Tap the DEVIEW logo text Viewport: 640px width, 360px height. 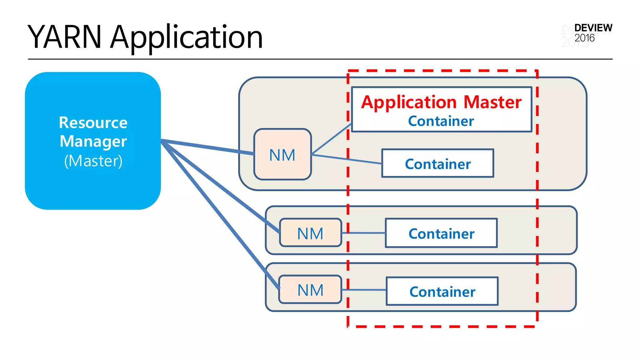coord(593,28)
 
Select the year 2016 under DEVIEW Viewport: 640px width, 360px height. coord(584,38)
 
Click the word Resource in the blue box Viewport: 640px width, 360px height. coord(93,122)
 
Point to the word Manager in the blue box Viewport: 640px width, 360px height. coord(93,141)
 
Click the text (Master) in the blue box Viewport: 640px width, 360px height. coord(93,161)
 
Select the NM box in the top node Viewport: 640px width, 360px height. coord(282,155)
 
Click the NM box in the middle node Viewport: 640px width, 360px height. coord(310,233)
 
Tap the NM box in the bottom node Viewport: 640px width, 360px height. coord(310,290)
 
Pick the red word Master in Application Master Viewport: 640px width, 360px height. coord(492,102)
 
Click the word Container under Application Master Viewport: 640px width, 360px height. coord(441,121)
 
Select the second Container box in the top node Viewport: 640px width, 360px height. coord(438,164)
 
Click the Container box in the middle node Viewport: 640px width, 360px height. coord(441,233)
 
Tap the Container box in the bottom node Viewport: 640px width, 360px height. coord(442,292)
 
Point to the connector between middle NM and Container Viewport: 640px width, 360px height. coord(366,233)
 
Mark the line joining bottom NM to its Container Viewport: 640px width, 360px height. coord(366,290)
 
